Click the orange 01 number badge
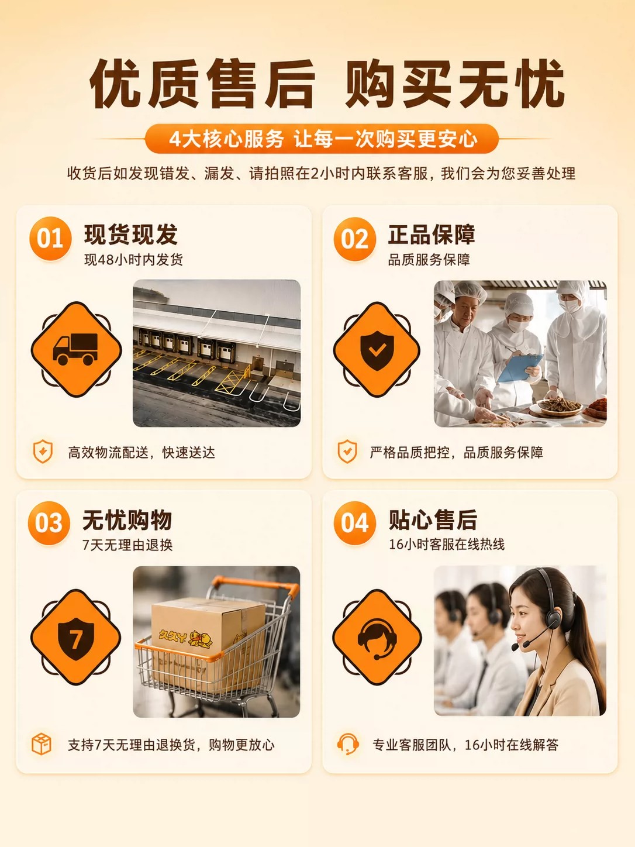[50, 238]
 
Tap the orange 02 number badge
[355, 239]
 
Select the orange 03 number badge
[49, 523]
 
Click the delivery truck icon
[75, 349]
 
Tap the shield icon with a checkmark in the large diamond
[377, 350]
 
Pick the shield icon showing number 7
[76, 639]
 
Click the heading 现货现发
[131, 234]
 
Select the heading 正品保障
[432, 234]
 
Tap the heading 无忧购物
[127, 519]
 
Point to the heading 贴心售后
[433, 519]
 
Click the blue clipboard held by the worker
[520, 368]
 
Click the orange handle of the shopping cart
[254, 585]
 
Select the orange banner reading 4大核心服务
[322, 139]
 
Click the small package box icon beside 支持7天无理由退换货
[42, 744]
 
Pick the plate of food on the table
[560, 406]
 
